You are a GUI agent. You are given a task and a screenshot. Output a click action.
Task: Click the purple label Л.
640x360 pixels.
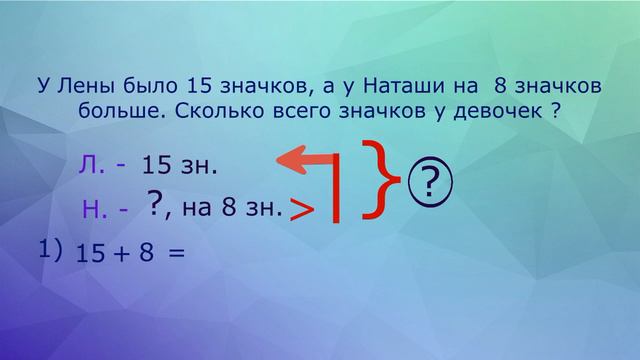[x=91, y=164]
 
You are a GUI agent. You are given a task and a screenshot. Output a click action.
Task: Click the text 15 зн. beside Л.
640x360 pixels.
[x=180, y=165]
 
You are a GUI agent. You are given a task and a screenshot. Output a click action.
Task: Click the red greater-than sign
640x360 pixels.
[x=301, y=209]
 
